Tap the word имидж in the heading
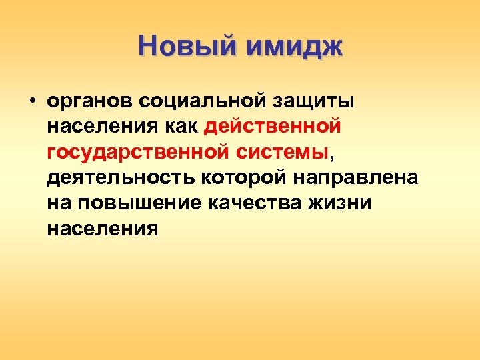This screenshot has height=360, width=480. click(294, 47)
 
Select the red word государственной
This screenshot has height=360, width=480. click(138, 152)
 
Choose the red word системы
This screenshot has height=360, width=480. click(283, 152)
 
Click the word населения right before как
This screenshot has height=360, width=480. click(103, 126)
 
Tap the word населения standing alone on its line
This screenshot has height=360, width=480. click(103, 229)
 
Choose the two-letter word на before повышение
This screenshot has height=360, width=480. click(59, 203)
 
